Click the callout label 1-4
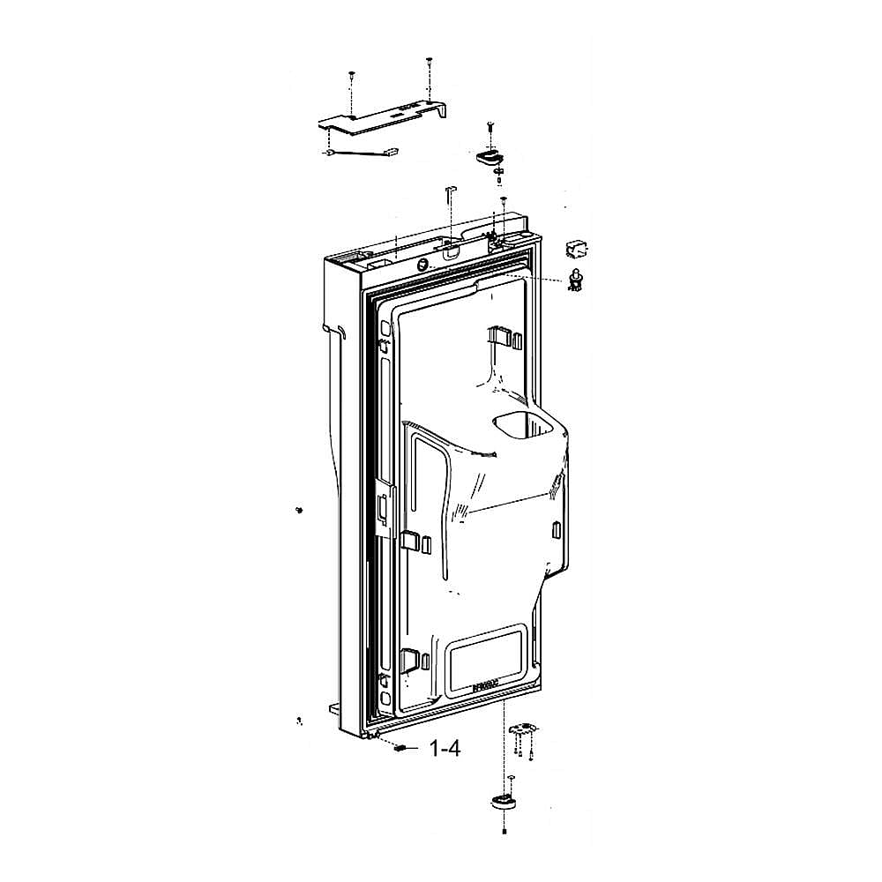445,749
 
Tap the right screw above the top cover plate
428,62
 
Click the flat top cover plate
384,118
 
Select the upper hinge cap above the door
488,157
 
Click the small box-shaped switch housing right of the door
575,248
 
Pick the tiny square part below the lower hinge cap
504,831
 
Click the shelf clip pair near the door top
500,338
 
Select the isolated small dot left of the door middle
300,510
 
